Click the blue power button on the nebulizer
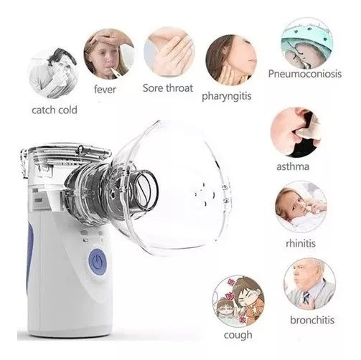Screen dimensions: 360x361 pos(95,261)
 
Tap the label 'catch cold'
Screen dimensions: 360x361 pos(54,110)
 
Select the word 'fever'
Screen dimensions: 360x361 pos(106,90)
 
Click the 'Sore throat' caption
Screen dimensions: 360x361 pos(169,90)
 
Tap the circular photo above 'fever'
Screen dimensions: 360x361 pos(108,52)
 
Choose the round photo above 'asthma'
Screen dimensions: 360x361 pos(296,132)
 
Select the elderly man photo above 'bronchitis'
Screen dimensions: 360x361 pos(309,283)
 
